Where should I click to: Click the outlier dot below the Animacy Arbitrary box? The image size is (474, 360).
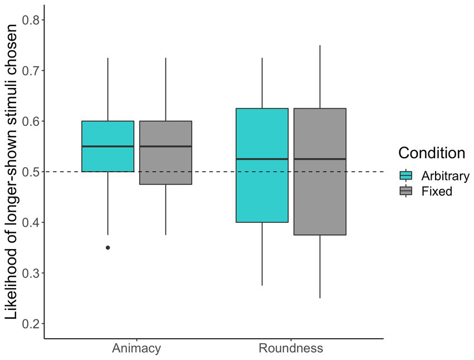107,247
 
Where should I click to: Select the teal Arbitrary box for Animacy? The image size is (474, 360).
107,134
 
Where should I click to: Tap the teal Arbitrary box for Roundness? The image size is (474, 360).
262,189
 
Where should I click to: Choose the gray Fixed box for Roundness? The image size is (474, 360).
320,195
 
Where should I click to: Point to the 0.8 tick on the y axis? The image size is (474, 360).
42,20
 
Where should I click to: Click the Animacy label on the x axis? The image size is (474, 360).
136,349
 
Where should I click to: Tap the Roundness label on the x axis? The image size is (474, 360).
291,349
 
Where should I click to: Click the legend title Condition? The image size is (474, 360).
432,153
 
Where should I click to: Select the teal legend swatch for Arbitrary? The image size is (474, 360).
405,176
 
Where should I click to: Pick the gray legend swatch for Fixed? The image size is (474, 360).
405,191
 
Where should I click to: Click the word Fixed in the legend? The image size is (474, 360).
437,191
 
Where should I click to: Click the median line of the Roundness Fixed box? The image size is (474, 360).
320,159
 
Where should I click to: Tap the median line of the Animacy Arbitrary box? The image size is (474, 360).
107,146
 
